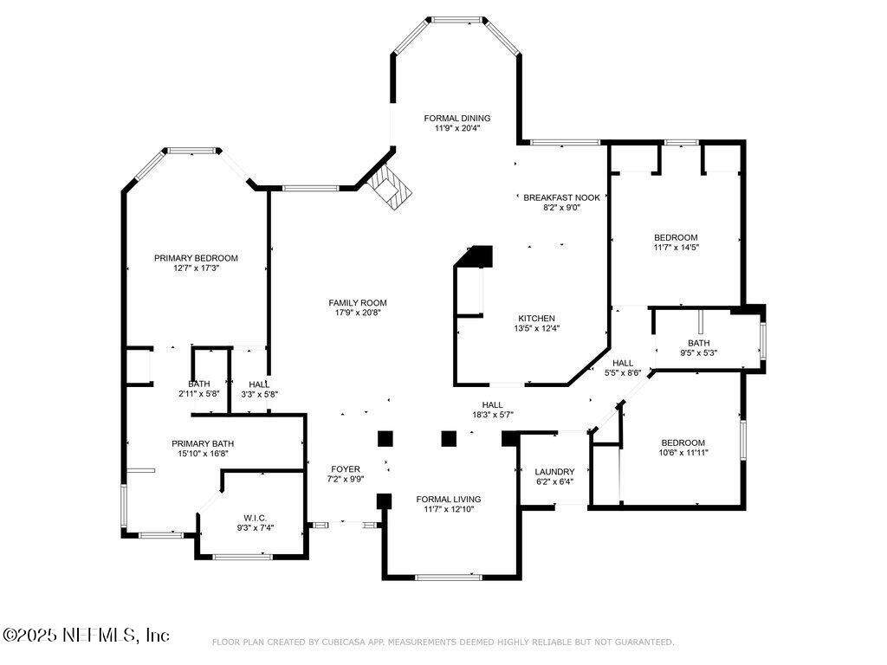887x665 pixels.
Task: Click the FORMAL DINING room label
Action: [x=457, y=118]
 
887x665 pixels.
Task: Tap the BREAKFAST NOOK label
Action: [x=561, y=197]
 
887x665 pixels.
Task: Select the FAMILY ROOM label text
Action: [x=358, y=303]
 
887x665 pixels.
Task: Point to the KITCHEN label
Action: [x=536, y=319]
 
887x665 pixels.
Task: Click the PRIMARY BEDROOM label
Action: [x=196, y=258]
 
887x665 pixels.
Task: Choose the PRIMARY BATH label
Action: [x=203, y=444]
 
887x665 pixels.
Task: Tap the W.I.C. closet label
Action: [x=256, y=518]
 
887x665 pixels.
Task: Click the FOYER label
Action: [x=345, y=468]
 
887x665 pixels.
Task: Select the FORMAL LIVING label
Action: [x=449, y=500]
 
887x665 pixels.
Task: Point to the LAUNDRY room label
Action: [x=554, y=472]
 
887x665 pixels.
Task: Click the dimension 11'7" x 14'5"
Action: [x=676, y=247]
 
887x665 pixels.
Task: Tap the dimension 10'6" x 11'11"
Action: [x=683, y=452]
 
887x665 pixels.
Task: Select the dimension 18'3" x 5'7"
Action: [x=493, y=415]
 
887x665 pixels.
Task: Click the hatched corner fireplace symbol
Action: [x=389, y=187]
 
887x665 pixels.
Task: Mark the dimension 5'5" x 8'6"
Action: [x=622, y=372]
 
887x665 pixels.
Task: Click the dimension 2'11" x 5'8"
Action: [x=198, y=394]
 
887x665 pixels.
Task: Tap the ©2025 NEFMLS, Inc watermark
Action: [x=86, y=635]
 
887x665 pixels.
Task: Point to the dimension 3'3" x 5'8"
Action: [x=259, y=394]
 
